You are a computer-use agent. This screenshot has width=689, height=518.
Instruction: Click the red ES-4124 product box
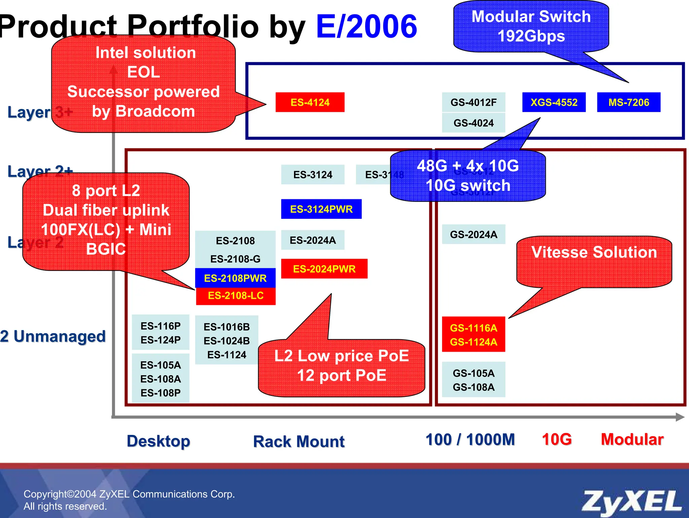pos(310,102)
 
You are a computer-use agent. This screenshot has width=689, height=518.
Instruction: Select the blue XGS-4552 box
pos(554,102)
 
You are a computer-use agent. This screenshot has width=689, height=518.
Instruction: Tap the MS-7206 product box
pos(628,102)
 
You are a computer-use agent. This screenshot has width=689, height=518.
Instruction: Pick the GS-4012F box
pos(473,102)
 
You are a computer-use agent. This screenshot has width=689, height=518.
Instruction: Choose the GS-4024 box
pos(473,123)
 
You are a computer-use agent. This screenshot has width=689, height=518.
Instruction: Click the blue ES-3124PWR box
pos(321,209)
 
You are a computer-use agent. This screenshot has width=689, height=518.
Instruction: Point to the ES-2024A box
pos(313,240)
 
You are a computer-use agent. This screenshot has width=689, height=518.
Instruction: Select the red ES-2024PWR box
pos(324,269)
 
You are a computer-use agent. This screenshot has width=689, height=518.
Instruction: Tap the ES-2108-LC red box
pos(235,296)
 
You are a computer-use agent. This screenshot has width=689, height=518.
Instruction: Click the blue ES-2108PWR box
pos(235,278)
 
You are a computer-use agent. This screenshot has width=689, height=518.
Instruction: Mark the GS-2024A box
pos(473,234)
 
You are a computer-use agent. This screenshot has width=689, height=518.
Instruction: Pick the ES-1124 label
pos(227,355)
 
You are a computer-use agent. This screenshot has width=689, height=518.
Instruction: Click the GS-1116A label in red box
pos(473,328)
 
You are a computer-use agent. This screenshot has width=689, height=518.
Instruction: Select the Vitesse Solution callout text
pos(594,252)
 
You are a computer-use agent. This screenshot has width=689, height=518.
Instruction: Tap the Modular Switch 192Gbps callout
pos(531,26)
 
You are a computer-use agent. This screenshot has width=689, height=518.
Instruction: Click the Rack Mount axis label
pos(299,441)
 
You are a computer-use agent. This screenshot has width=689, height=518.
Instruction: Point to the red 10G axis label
pos(557,439)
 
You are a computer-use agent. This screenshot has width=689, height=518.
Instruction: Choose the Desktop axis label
pos(158,441)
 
